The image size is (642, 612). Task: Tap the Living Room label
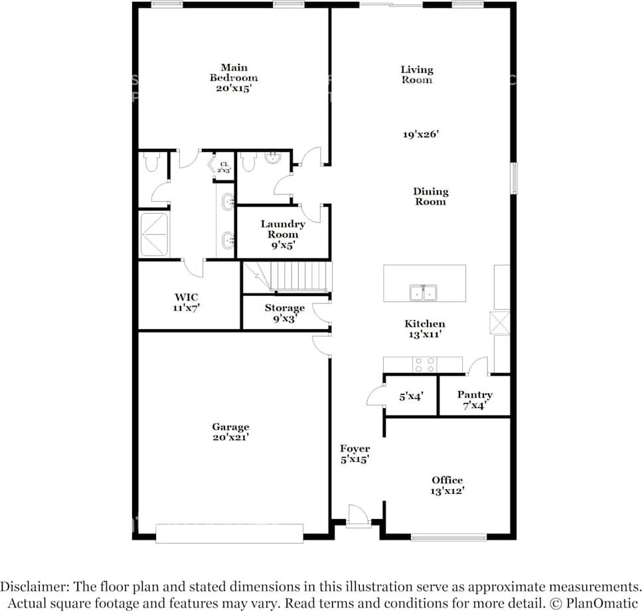pos(416,74)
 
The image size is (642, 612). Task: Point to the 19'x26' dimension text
pos(421,134)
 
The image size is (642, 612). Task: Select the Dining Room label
pos(431,196)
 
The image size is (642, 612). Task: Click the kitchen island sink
pos(424,292)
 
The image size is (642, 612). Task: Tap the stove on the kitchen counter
pos(424,364)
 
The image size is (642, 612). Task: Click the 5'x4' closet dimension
pos(411,396)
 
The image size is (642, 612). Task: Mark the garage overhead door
pos(229,533)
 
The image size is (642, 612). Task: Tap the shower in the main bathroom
pos(154,234)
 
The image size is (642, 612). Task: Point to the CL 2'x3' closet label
pos(224,167)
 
